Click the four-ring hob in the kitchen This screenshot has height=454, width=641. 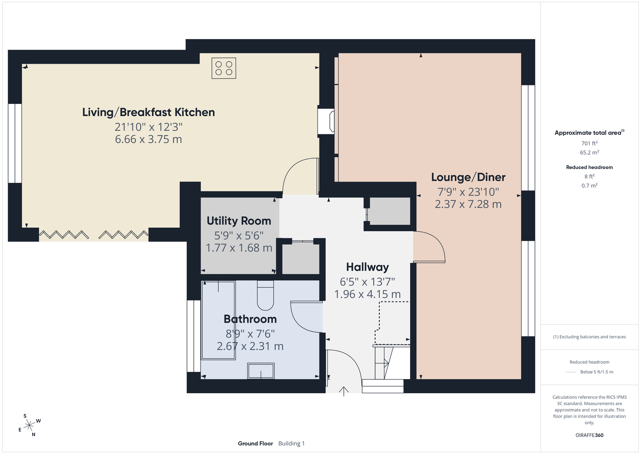224,68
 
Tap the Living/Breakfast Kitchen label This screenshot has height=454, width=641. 148,112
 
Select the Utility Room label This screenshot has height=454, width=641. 239,221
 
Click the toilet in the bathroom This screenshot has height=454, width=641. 265,295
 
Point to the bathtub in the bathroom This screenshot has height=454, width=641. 218,320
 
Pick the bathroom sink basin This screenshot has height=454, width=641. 261,371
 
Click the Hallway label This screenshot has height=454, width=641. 367,267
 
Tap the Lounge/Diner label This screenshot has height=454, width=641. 468,178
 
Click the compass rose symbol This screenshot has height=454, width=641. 29,425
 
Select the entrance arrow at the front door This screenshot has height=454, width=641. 343,391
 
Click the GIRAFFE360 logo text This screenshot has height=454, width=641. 589,435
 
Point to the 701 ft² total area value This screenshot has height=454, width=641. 589,143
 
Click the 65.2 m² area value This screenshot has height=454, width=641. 589,153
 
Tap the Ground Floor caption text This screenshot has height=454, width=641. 255,444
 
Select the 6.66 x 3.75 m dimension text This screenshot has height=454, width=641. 148,139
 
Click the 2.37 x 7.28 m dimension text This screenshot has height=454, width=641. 468,204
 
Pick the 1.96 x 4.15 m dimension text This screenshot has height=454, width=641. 367,294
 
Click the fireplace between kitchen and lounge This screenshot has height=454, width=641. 326,120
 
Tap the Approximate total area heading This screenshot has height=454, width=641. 589,133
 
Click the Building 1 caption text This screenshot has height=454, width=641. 291,444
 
